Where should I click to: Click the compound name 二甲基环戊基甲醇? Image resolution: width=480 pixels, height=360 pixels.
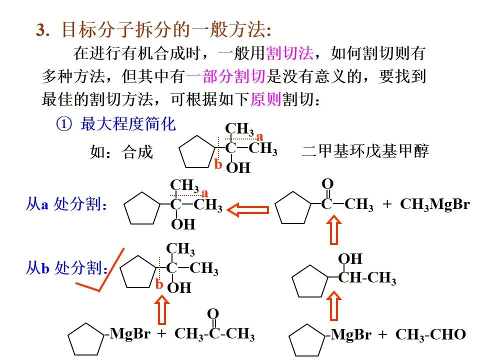(x=365, y=151)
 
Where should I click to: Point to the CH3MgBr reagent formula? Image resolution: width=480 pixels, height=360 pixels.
(x=434, y=205)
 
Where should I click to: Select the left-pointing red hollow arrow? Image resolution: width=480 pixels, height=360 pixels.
(x=248, y=209)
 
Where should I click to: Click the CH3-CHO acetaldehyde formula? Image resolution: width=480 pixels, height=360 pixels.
(x=430, y=334)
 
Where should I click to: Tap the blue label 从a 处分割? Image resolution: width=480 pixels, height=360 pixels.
(x=66, y=204)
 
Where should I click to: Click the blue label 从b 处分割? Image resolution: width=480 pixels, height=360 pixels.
(x=66, y=268)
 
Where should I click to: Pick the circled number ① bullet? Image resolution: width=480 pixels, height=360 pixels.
(x=64, y=124)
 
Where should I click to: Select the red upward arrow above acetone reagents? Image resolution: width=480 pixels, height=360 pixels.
(x=161, y=310)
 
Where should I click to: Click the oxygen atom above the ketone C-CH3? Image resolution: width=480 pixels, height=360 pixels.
(x=327, y=183)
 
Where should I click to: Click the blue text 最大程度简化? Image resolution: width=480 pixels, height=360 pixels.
(x=128, y=124)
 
